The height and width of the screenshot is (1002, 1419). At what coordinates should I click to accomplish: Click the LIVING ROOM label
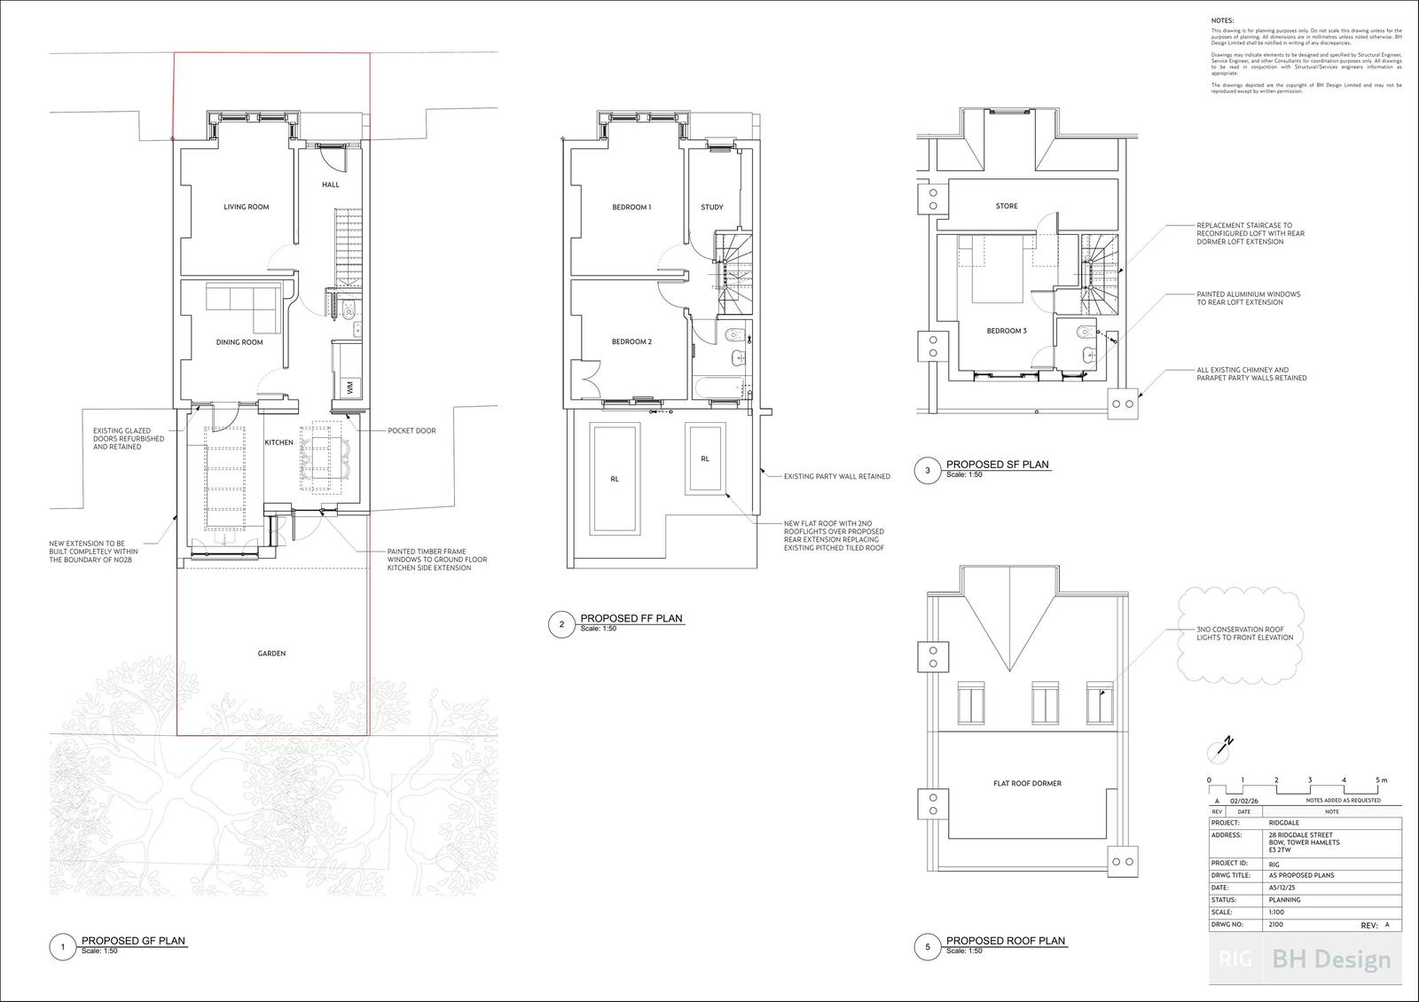click(x=246, y=207)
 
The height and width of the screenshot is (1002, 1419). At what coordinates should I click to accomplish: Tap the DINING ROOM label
click(x=239, y=341)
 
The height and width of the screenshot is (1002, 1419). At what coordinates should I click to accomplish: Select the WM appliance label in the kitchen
click(x=349, y=387)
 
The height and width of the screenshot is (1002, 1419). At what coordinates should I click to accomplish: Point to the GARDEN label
click(x=271, y=653)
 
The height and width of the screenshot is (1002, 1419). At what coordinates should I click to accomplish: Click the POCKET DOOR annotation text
click(x=412, y=431)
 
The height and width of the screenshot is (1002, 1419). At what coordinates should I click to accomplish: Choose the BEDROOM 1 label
click(x=631, y=207)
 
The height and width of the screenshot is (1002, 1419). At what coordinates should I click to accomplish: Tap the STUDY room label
click(x=711, y=207)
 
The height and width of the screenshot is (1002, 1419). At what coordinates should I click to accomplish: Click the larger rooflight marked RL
click(x=615, y=479)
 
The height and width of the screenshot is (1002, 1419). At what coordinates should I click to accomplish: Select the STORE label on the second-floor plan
click(x=1007, y=206)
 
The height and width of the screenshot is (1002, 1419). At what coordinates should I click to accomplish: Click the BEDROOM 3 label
click(x=1007, y=331)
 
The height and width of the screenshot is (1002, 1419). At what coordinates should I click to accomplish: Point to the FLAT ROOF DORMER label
click(x=1027, y=783)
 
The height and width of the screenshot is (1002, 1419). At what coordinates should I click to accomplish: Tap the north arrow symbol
click(x=1221, y=749)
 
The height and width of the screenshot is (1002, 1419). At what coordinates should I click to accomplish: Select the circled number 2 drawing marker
click(x=561, y=625)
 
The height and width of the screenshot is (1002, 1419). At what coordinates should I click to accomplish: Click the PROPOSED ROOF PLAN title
click(x=1006, y=941)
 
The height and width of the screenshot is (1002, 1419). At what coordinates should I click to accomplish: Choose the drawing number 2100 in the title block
click(x=1276, y=924)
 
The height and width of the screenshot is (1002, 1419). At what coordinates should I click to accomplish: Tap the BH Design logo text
click(x=1331, y=959)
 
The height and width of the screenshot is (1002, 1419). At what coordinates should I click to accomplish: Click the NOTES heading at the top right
click(x=1222, y=20)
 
